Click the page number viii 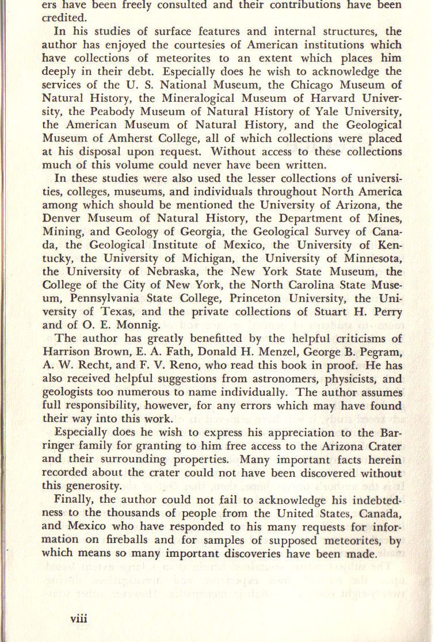[78, 618]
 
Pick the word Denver [61, 218]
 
